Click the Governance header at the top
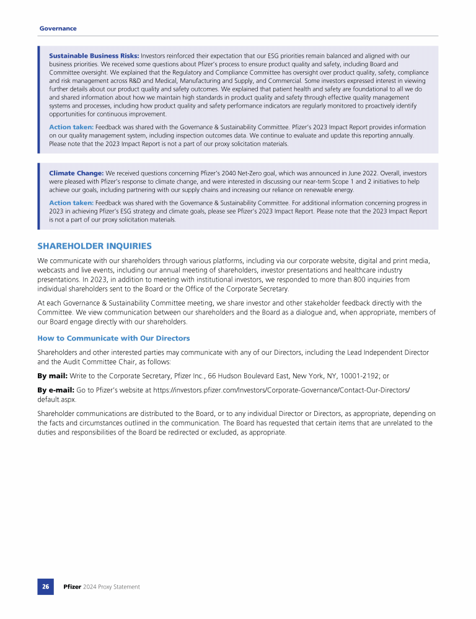[x=58, y=28]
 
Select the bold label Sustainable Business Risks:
[x=94, y=56]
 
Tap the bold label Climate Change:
[x=76, y=173]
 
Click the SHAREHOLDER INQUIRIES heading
[x=94, y=246]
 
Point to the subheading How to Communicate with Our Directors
[x=113, y=338]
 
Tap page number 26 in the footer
[x=46, y=586]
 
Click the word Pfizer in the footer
[x=73, y=586]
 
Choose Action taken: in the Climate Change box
[x=71, y=202]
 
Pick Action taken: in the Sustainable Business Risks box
[x=71, y=127]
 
